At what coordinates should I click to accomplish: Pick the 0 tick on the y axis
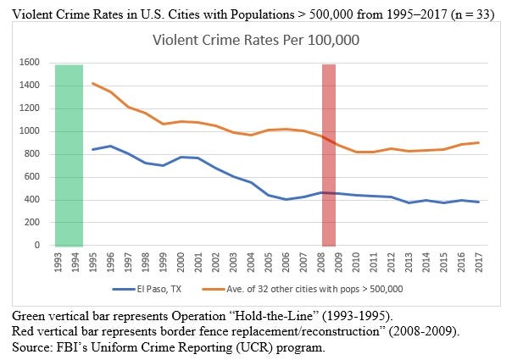38,246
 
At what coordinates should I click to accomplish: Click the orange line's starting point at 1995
92,83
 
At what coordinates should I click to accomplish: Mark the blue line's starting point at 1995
92,150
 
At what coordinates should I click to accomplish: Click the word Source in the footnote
29,347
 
